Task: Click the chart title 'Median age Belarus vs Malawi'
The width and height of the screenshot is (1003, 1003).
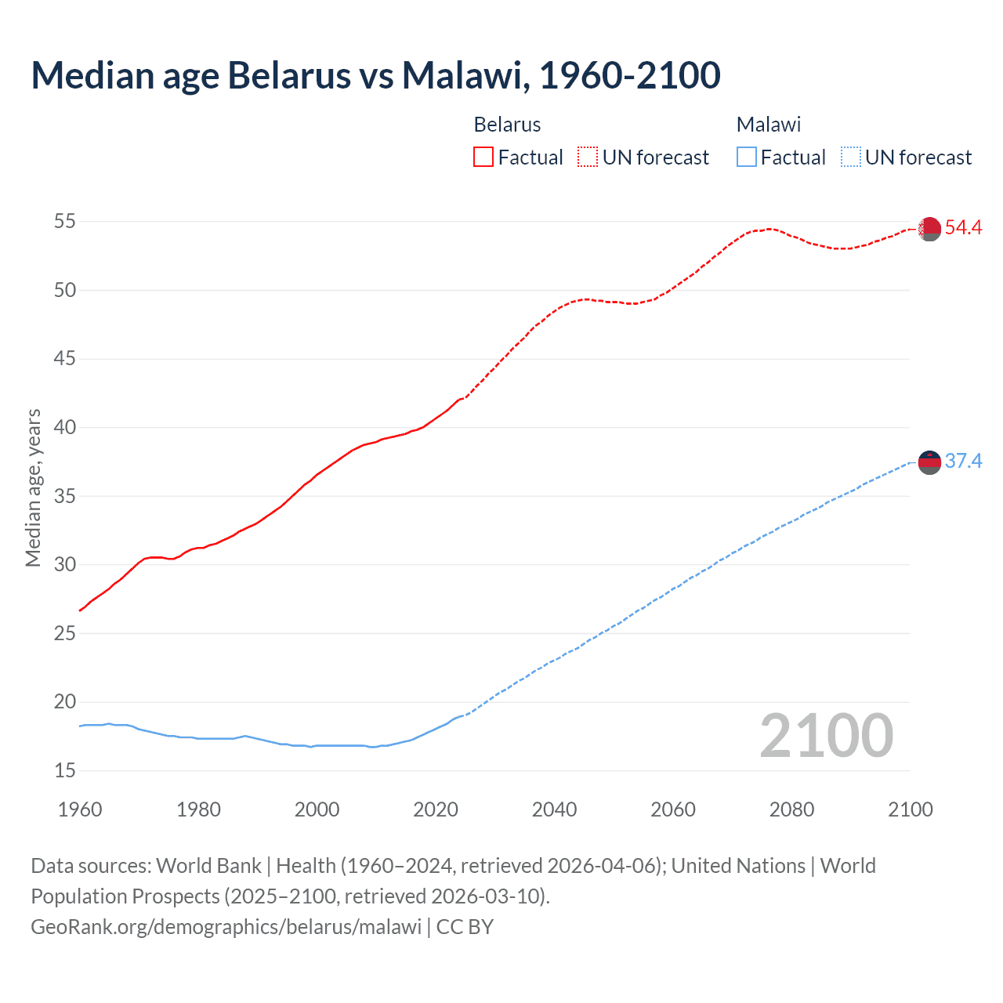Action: [375, 75]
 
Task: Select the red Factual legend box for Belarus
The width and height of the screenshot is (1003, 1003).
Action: [483, 157]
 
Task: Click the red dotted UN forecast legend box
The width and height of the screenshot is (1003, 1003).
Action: [588, 157]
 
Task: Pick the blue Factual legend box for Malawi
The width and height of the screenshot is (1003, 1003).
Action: [746, 157]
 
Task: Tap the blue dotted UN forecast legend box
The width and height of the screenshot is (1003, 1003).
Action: [850, 157]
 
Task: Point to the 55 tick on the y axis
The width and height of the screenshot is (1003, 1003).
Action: [65, 222]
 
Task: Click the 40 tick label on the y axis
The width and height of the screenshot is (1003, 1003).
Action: [65, 428]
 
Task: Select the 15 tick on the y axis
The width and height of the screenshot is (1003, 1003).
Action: [65, 771]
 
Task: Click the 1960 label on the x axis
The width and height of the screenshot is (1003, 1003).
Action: [80, 809]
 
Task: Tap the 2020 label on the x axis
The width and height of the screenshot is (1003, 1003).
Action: [436, 809]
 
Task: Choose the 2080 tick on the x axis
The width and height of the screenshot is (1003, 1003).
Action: [791, 809]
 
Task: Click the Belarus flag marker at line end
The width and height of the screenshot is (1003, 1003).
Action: [929, 229]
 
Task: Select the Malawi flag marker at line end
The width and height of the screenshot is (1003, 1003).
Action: [929, 462]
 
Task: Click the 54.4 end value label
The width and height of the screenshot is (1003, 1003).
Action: [963, 228]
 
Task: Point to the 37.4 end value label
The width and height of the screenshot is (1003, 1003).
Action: [963, 462]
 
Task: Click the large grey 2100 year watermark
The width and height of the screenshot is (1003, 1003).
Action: [826, 736]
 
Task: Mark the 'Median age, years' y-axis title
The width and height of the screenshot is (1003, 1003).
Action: [33, 487]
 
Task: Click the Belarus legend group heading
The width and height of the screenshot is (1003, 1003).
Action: [507, 125]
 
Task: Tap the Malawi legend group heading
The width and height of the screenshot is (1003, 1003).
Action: [769, 125]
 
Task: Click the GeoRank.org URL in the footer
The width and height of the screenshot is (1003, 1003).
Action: [226, 927]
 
